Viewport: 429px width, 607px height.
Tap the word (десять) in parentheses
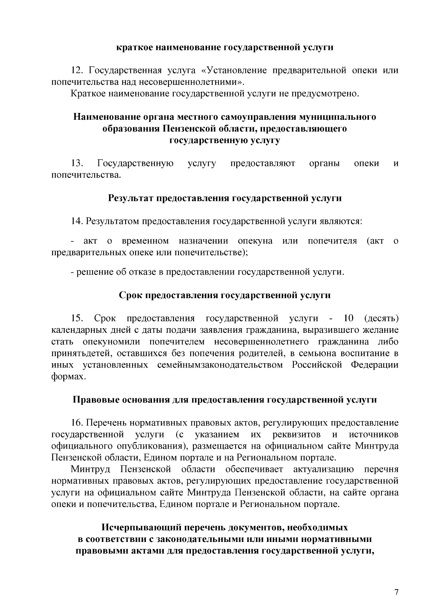pyautogui.click(x=381, y=319)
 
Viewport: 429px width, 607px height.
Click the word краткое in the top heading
pyautogui.click(x=134, y=47)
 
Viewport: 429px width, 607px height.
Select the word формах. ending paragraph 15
pyautogui.click(x=69, y=377)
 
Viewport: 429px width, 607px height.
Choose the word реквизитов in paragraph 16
pyautogui.click(x=296, y=435)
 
